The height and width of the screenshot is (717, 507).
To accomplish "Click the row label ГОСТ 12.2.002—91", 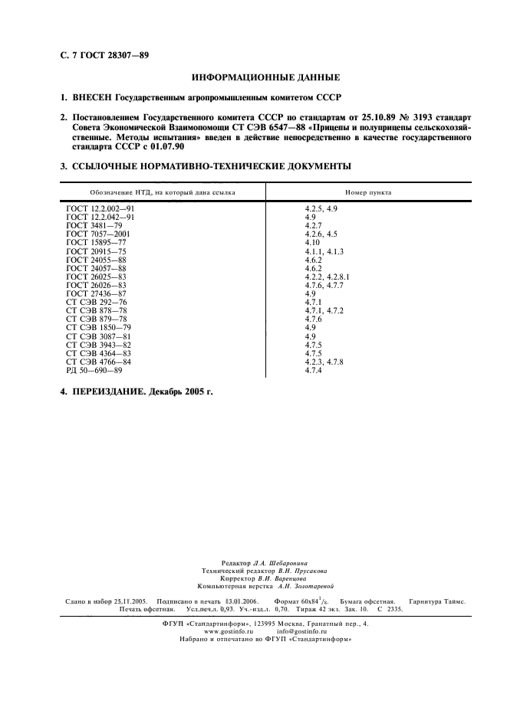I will coord(100,208).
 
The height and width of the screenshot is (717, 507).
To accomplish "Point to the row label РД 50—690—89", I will coord(94,371).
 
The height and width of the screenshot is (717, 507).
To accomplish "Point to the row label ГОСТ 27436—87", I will coord(97,293).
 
